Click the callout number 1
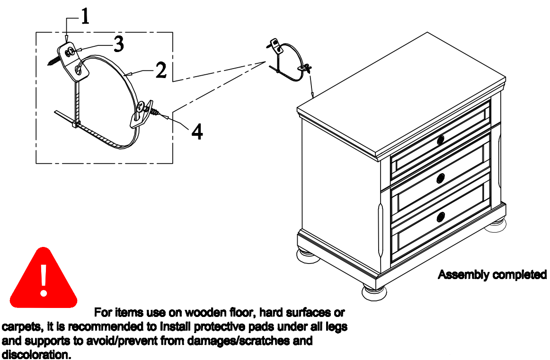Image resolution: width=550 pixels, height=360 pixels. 84,17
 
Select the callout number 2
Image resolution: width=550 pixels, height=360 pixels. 161,71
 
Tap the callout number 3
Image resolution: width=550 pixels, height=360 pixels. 118,45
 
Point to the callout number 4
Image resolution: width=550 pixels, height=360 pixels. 197,132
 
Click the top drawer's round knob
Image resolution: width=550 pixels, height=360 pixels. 441,140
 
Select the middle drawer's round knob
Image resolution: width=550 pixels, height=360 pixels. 441,178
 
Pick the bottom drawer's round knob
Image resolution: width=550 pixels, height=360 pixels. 441,217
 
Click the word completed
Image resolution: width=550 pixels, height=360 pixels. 519,274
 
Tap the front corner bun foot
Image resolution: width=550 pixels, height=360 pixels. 374,290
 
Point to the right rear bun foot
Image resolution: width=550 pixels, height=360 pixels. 496,223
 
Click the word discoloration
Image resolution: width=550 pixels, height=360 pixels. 36,354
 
